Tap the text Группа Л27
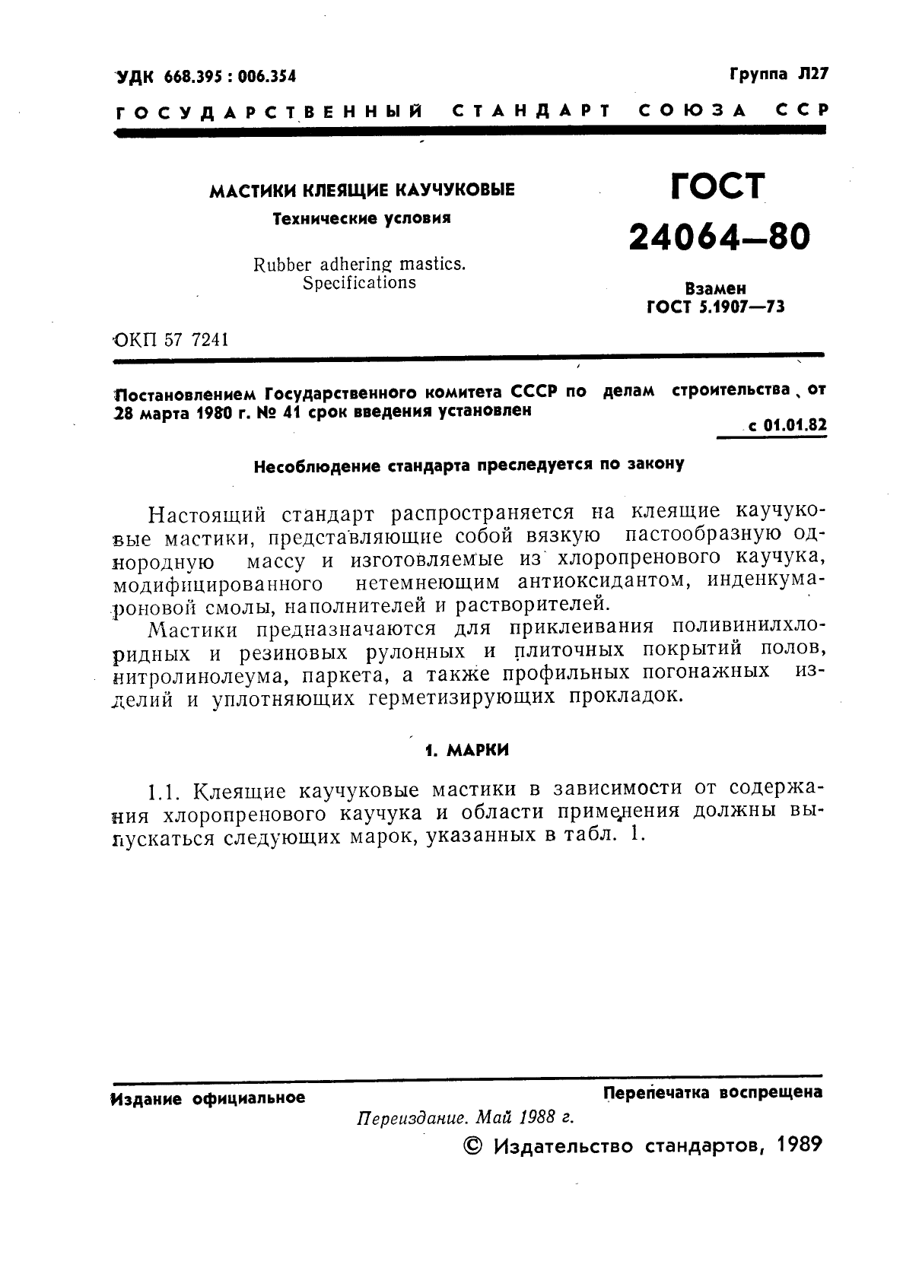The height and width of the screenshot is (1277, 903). click(x=777, y=74)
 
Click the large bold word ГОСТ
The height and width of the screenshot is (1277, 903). click(x=717, y=186)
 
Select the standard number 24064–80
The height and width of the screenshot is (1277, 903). click(x=719, y=237)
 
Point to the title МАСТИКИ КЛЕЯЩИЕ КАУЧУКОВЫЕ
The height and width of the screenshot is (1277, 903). click(x=361, y=189)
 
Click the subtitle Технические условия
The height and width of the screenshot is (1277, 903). click(x=361, y=218)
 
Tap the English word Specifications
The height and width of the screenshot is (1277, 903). click(x=359, y=283)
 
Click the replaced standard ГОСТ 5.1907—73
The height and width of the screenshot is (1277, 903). click(x=715, y=307)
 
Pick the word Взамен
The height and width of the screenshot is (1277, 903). click(x=715, y=289)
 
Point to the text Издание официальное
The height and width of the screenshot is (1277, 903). click(x=208, y=1098)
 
